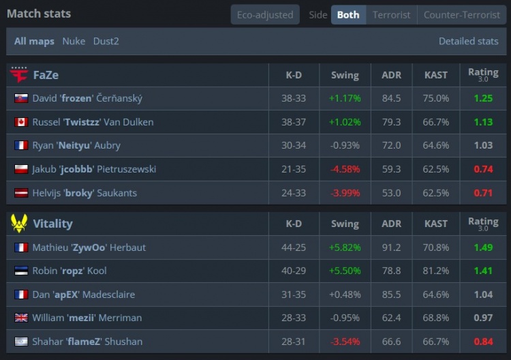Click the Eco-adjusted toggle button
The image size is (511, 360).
(x=265, y=15)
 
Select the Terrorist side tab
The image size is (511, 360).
(x=391, y=15)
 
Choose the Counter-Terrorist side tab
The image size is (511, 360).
(x=462, y=15)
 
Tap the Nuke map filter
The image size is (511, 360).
(x=74, y=41)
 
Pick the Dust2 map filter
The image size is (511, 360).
(x=106, y=41)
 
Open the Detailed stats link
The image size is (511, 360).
(x=468, y=41)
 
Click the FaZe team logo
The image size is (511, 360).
(x=19, y=75)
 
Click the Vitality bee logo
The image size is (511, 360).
(x=19, y=224)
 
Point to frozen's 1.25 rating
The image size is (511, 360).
(x=483, y=98)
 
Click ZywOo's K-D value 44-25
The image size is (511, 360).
(x=294, y=247)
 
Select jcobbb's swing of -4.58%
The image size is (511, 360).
(x=345, y=169)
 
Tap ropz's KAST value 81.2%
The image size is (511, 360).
(x=436, y=271)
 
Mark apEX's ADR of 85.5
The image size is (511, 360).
(x=391, y=295)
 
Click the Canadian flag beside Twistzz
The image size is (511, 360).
(x=21, y=122)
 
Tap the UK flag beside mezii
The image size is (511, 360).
(x=21, y=318)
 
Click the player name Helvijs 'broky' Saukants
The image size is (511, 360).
(x=84, y=193)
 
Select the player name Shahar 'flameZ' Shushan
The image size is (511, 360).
(x=87, y=342)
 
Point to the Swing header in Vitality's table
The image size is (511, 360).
(x=345, y=224)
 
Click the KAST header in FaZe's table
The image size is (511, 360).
(x=436, y=75)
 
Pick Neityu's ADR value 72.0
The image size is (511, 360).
(x=391, y=145)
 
